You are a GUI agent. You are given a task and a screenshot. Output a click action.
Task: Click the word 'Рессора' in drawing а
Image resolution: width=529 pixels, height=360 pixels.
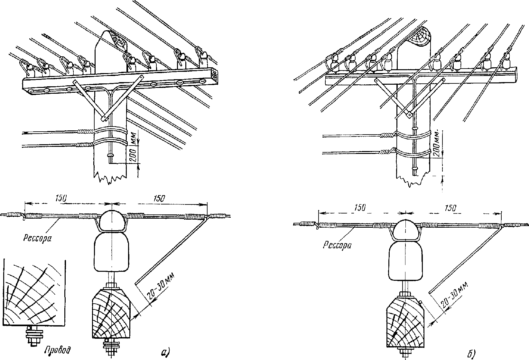[37, 238]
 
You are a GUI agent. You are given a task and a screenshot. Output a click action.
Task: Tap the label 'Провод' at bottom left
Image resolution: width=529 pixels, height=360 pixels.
[58, 350]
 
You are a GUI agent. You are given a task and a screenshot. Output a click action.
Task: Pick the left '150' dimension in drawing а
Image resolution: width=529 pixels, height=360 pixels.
[61, 198]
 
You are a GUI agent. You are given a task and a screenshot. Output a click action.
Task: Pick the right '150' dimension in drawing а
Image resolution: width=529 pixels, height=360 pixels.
[159, 199]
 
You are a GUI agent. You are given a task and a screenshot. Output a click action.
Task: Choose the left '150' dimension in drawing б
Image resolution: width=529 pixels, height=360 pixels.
[360, 208]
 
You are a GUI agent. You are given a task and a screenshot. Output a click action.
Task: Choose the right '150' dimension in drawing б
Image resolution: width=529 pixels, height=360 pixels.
[450, 208]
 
